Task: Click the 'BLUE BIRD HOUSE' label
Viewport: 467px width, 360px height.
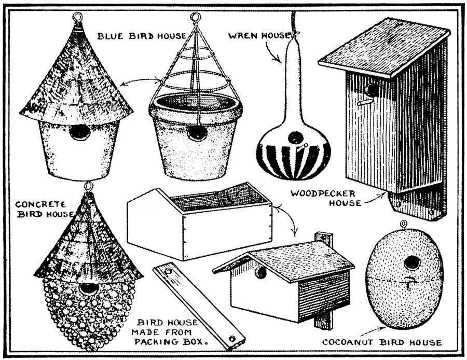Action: point(141,36)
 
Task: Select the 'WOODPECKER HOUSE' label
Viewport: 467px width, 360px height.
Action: point(325,198)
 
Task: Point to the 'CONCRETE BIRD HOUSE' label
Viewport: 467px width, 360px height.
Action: point(44,209)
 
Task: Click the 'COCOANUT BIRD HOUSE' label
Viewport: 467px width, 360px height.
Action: point(382,342)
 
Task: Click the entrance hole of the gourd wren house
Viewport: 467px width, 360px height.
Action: point(295,138)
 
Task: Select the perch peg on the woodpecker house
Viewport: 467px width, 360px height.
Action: point(365,102)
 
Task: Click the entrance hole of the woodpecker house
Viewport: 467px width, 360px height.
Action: point(372,90)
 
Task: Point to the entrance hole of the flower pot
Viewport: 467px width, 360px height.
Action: point(197,133)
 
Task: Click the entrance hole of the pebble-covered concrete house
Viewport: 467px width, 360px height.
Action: point(89,289)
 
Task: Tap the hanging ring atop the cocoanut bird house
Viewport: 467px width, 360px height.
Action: point(404,225)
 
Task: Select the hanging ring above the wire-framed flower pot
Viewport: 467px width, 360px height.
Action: point(195,18)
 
